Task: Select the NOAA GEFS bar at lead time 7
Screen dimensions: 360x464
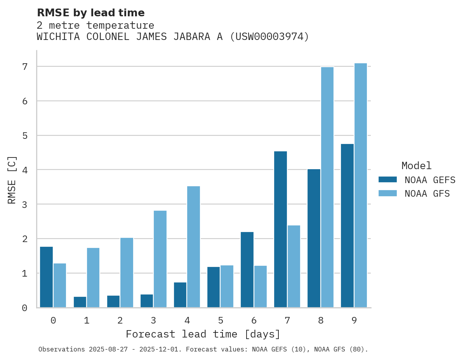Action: coord(280,229)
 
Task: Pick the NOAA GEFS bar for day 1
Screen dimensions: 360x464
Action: coord(80,302)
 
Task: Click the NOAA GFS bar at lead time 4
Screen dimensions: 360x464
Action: coord(193,247)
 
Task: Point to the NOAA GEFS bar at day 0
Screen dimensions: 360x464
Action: coord(47,277)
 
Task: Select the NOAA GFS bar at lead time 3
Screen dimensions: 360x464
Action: coord(160,259)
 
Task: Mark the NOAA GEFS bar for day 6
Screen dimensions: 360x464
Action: coord(247,270)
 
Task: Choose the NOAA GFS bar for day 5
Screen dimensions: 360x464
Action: coord(227,286)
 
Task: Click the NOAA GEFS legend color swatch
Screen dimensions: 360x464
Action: coord(388,180)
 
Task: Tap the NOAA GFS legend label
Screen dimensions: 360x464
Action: coord(427,194)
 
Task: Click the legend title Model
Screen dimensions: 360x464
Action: coord(416,166)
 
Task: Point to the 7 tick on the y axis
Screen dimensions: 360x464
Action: coord(25,67)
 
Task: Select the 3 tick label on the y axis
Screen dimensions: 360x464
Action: coord(25,204)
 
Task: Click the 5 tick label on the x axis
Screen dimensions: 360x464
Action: coord(221,320)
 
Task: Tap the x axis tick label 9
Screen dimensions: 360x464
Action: coord(354,320)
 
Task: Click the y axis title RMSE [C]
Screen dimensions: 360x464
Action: coord(12,180)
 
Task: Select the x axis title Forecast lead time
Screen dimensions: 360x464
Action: coord(203,334)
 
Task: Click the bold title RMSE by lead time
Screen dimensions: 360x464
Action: coord(90,13)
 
